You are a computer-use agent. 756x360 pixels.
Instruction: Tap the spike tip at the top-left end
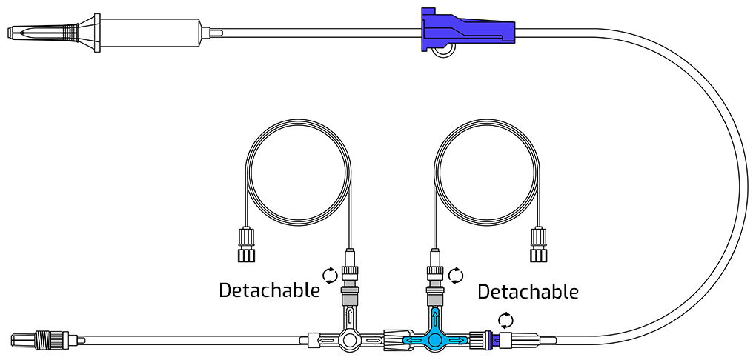[8, 33]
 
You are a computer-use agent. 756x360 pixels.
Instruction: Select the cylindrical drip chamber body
[150, 33]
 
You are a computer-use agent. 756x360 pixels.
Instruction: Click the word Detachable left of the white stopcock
[269, 291]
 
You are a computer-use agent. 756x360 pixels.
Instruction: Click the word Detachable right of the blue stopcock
[528, 292]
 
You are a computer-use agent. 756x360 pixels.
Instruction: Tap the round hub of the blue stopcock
[435, 340]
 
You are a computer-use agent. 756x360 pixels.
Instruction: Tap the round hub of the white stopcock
[350, 340]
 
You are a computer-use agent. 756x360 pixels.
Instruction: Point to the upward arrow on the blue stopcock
[435, 318]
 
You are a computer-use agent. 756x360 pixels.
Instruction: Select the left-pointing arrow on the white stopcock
[326, 341]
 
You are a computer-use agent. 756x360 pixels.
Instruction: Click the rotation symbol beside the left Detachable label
[331, 276]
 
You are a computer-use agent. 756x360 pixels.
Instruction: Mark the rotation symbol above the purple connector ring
[505, 321]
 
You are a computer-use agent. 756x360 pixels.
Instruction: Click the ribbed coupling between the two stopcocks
[398, 340]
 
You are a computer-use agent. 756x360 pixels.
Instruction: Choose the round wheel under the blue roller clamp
[442, 50]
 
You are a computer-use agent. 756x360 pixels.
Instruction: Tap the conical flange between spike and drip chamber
[89, 33]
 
